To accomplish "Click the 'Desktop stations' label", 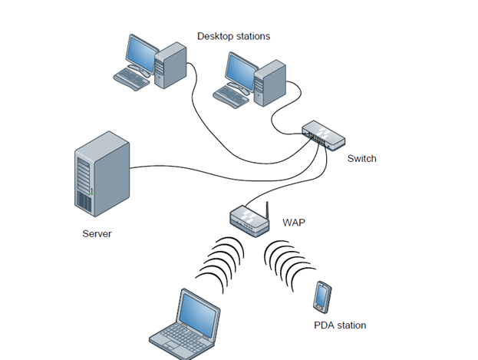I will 233,36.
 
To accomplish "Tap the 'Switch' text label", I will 361,159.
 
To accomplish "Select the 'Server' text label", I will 97,233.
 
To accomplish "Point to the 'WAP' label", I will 294,223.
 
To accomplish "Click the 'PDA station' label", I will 340,325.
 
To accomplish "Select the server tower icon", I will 99,173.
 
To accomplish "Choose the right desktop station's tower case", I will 271,83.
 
